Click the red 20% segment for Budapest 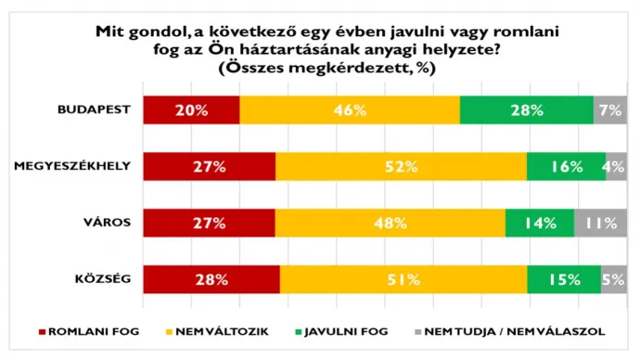coord(191,110)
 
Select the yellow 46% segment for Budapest coord(350,110)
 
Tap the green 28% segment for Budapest coord(526,110)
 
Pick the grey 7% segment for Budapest coord(609,110)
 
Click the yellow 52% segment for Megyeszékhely coord(401,167)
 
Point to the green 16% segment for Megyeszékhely coord(566,167)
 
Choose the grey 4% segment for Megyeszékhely coord(616,167)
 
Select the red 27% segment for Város coord(210,223)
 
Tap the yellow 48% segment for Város coord(390,223)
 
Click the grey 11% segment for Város coord(600,223)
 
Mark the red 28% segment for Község coord(211,278)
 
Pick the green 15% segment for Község coord(564,278)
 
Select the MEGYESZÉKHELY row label coord(72,167)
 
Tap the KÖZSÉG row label coord(104,278)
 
